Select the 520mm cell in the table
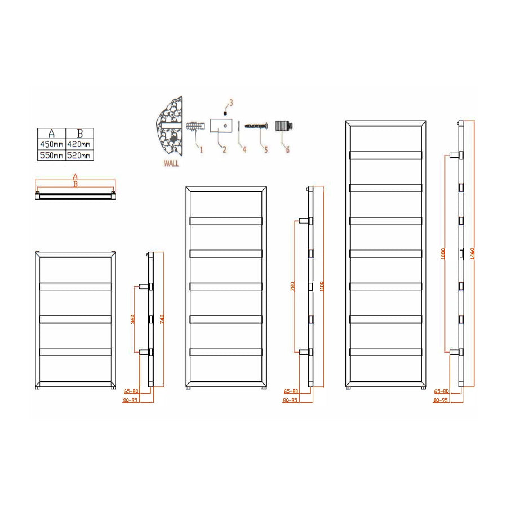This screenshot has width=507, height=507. click(79, 155)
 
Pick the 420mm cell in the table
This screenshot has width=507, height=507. click(79, 145)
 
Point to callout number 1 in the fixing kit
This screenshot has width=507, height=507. click(200, 149)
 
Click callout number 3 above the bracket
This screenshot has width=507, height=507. click(229, 103)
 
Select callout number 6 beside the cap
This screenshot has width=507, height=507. click(287, 149)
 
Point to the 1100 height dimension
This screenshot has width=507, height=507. click(321, 286)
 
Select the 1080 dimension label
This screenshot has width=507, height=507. click(443, 253)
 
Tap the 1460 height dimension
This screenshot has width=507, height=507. click(472, 253)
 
